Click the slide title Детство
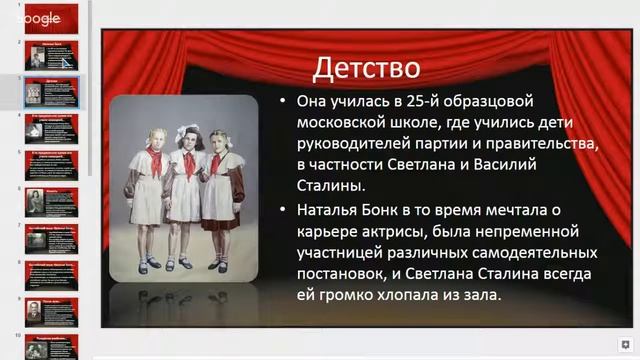(x=366, y=68)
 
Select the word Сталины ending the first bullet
(x=335, y=186)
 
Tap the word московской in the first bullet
(x=351, y=123)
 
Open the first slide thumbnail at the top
(x=51, y=19)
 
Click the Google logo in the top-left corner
(x=40, y=18)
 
